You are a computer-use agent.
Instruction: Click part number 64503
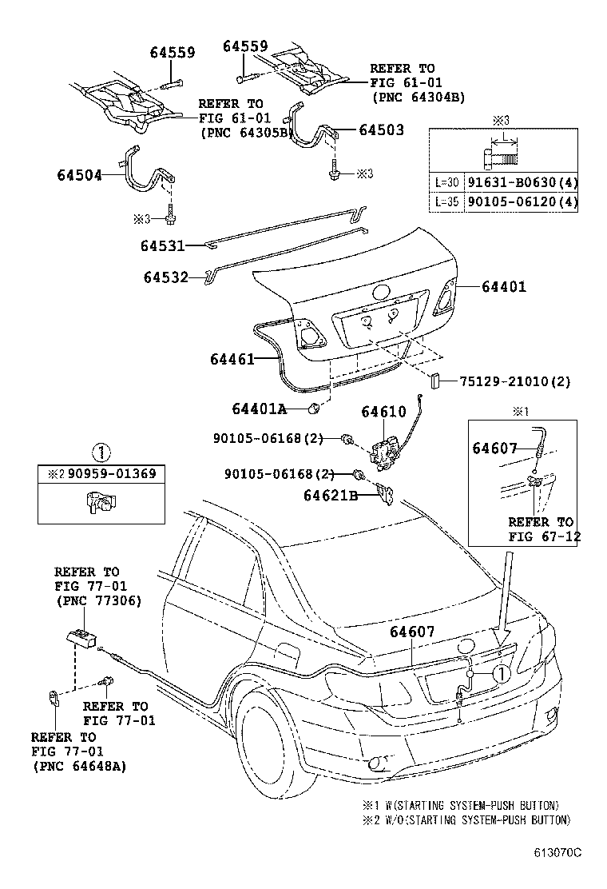point(381,130)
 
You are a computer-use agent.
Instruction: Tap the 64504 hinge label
point(80,174)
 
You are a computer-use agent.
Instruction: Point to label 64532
point(166,277)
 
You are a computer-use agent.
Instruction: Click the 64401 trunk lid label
point(504,285)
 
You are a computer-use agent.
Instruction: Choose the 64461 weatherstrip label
point(232,360)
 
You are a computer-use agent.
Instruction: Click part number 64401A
point(259,409)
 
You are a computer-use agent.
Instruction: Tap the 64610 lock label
point(383,412)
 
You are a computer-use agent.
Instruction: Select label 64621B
point(330,496)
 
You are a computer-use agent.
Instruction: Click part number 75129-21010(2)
point(515,382)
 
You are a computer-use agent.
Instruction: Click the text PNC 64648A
point(80,767)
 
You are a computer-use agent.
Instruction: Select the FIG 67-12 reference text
point(544,536)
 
